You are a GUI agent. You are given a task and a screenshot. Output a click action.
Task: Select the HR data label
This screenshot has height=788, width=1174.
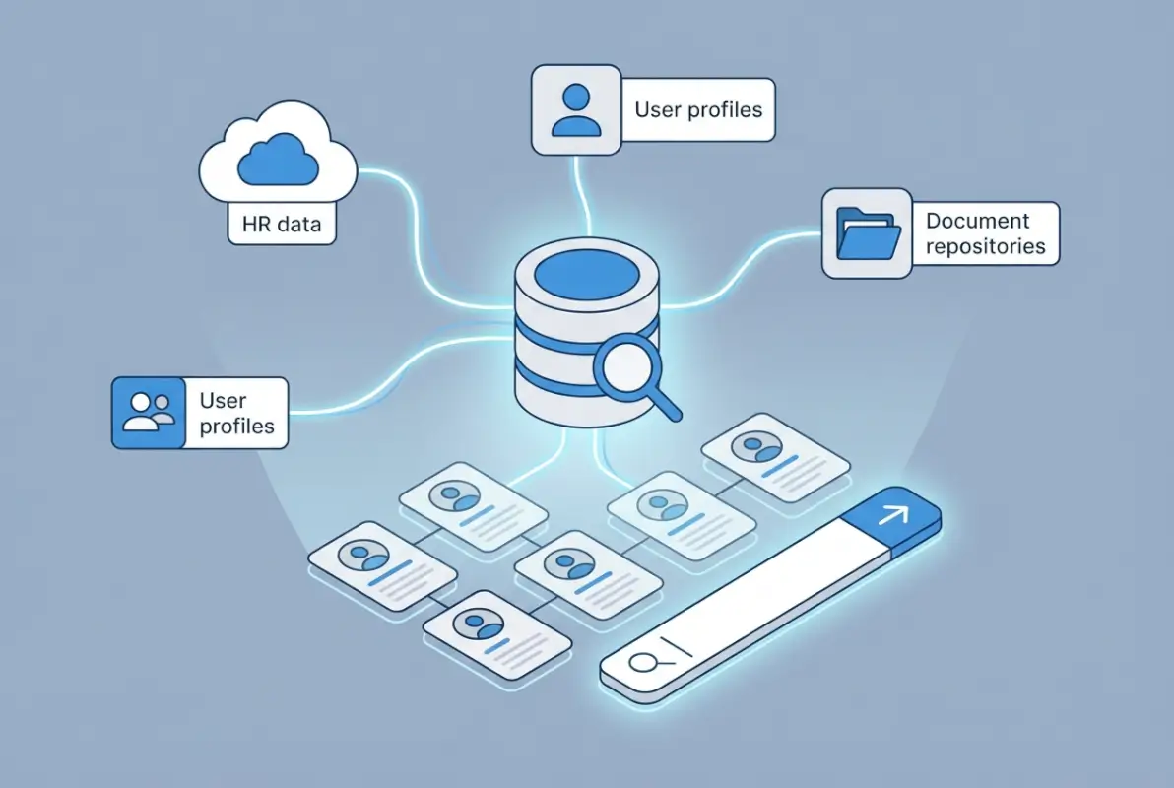coord(282,225)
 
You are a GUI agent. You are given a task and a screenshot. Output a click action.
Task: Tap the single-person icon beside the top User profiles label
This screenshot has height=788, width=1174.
coord(576,109)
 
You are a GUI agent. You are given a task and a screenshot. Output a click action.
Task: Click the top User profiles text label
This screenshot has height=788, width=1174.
coord(698,108)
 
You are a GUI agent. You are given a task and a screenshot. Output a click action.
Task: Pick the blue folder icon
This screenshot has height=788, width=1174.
coord(868,233)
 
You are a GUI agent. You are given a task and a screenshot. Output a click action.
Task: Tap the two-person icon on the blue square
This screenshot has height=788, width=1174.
coord(149,413)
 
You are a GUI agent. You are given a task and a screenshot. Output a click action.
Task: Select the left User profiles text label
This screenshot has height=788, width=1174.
coord(236,413)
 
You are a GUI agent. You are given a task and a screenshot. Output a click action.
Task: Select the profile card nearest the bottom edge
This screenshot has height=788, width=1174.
coord(497,629)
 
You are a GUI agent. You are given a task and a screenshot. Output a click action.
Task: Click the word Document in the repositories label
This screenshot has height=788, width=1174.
coord(978,221)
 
